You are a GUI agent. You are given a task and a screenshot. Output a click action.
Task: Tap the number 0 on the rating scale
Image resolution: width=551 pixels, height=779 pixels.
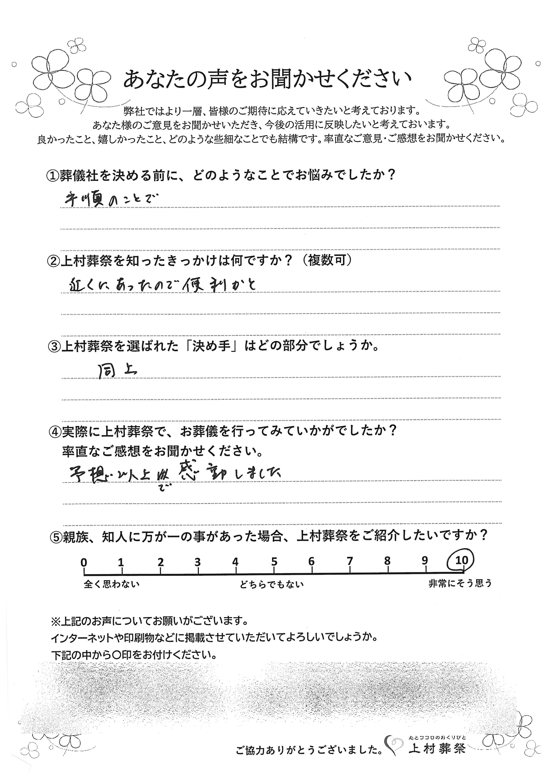[x=84, y=562]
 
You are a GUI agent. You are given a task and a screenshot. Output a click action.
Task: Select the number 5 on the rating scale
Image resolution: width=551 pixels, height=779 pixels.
[x=274, y=562]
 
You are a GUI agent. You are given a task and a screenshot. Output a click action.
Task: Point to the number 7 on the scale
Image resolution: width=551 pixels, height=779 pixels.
[x=350, y=561]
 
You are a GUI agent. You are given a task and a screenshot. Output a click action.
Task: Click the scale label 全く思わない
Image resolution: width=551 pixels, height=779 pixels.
[x=112, y=584]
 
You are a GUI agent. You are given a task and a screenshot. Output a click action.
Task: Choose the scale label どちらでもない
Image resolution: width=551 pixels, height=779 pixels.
[x=272, y=584]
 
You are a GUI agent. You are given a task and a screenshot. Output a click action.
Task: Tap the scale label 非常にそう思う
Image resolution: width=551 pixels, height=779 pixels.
[x=460, y=583]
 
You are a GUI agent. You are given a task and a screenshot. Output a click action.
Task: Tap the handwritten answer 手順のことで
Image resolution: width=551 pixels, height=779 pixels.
[x=107, y=200]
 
